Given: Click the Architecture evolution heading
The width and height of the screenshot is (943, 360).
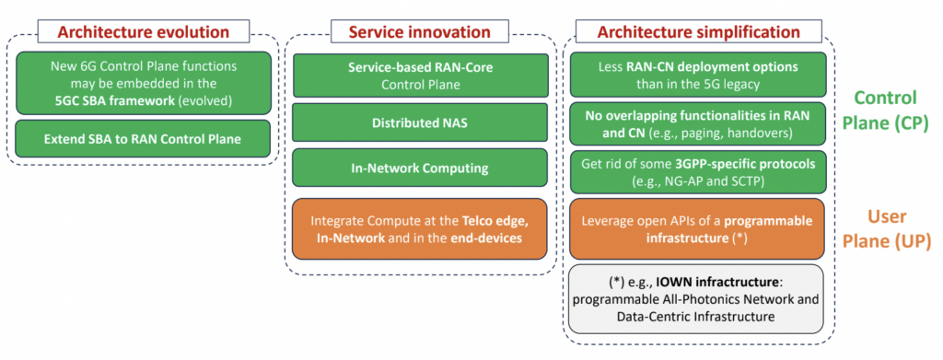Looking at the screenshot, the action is pos(143,31).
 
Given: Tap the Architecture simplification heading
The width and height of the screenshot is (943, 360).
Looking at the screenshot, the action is pos(698,31).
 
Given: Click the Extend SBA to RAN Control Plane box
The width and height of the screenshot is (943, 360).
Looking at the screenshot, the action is pos(143,139).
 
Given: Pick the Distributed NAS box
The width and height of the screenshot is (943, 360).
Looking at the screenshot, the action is pos(420,122).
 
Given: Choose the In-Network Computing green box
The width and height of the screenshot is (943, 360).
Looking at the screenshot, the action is pos(420,168).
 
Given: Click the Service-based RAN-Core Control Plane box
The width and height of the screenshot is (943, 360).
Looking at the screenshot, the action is pos(420,75).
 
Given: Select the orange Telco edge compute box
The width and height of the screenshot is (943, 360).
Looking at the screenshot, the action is pos(420,229).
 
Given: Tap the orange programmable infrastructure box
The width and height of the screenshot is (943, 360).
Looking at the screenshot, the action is pos(698,229).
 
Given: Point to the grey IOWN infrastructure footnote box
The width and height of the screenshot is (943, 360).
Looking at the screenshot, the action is pos(696,298).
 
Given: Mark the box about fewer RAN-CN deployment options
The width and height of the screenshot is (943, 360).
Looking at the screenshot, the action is pos(698,75).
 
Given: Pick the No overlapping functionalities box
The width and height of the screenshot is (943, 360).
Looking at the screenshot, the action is pos(698,123).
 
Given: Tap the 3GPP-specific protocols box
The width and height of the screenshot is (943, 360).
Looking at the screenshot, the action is pos(698,171).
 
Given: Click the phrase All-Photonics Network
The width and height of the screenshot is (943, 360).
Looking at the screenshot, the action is pos(743,299).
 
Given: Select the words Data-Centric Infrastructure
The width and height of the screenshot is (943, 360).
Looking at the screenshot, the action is pos(696,316).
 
